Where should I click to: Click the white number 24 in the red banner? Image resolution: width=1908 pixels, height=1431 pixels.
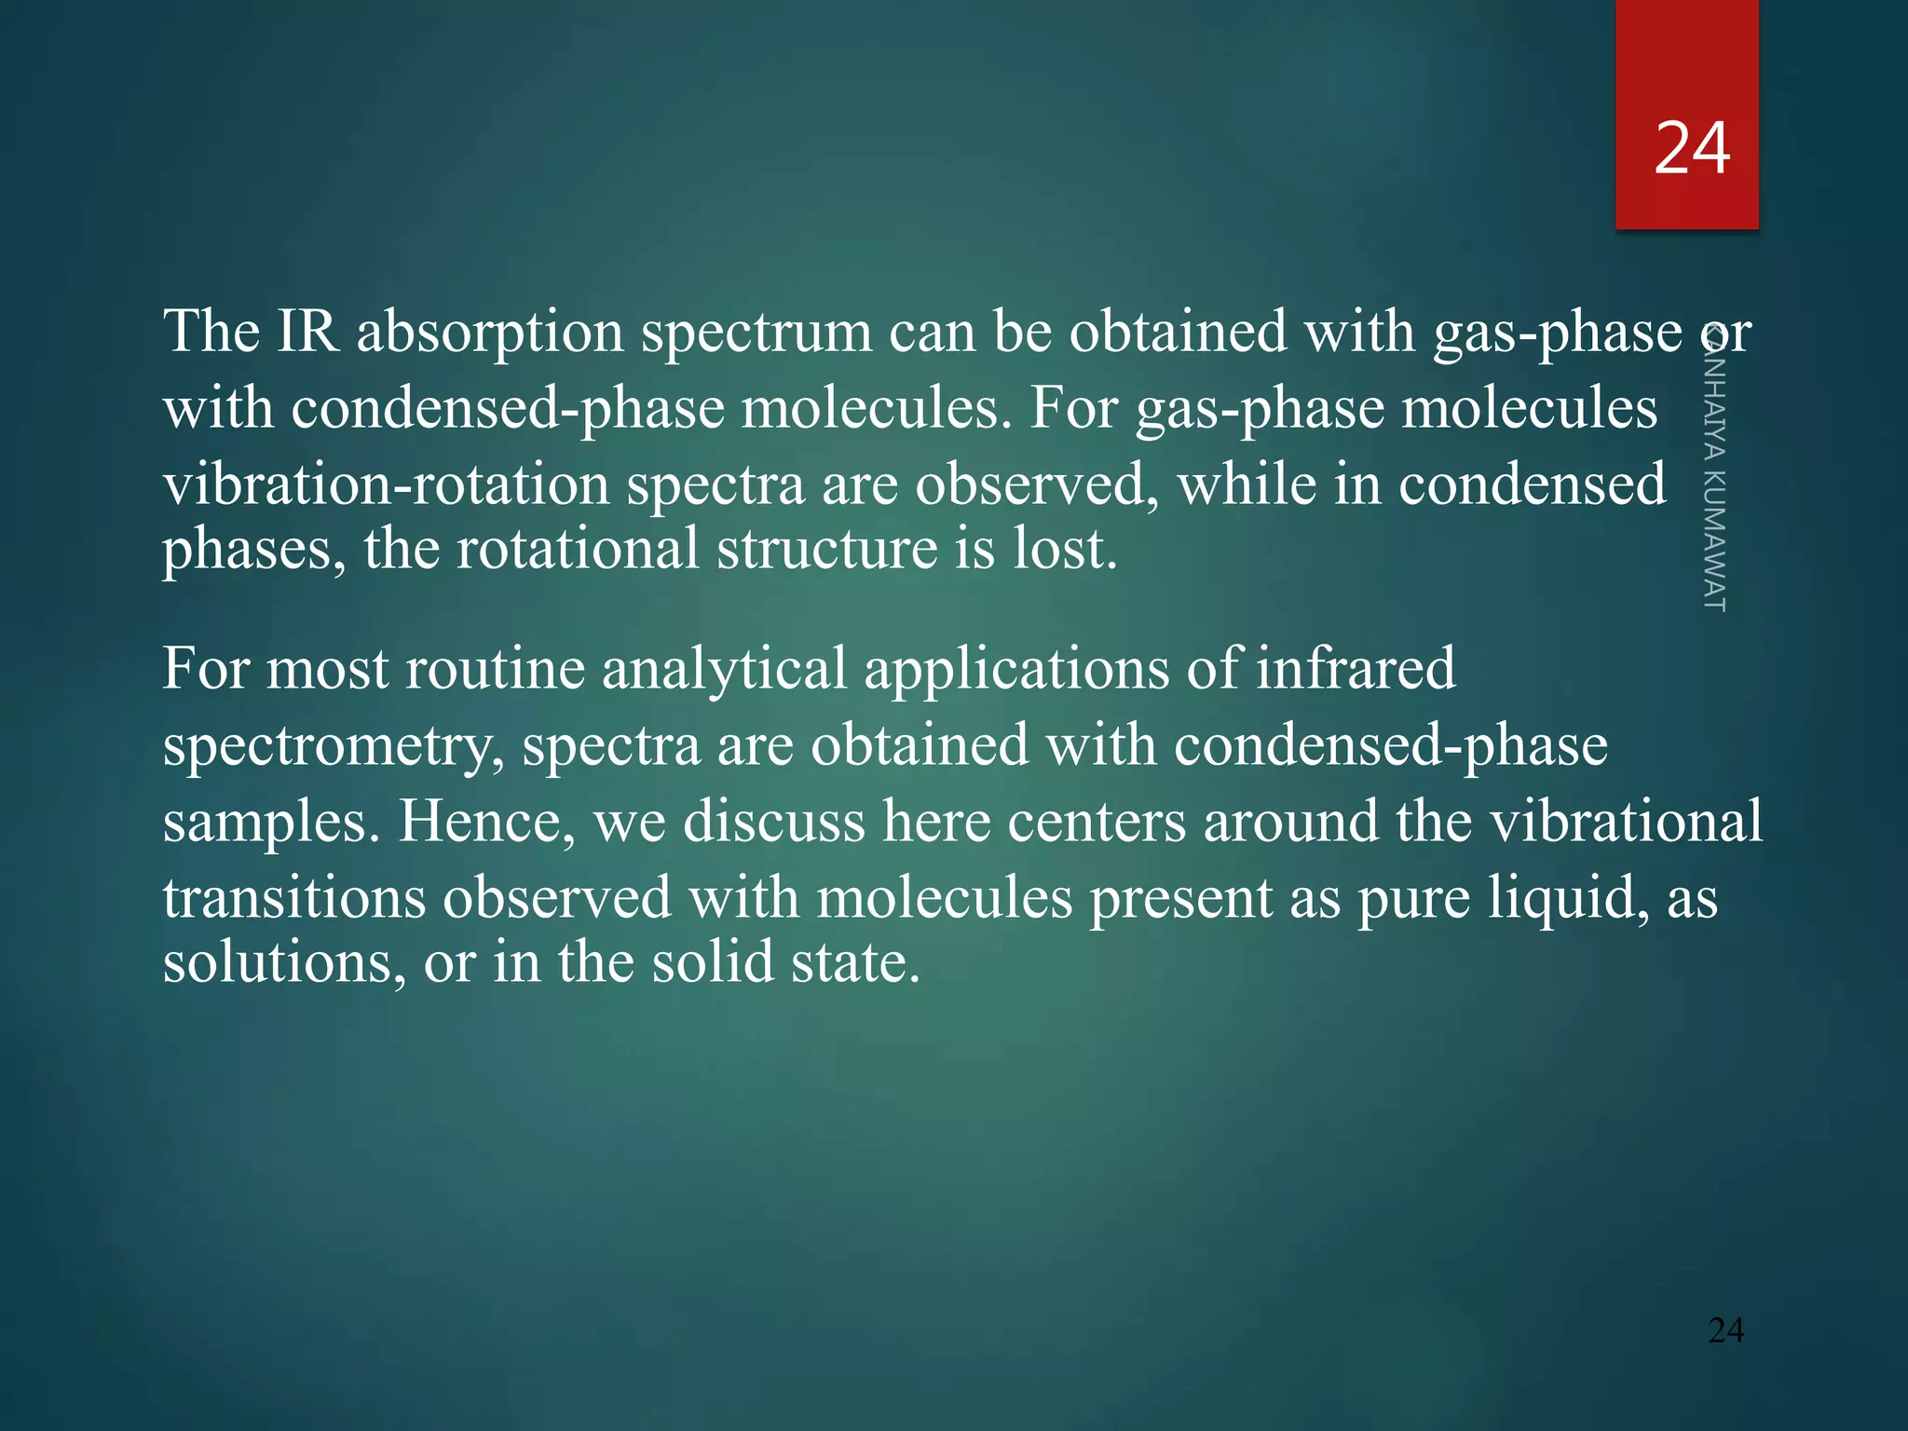coord(1692,149)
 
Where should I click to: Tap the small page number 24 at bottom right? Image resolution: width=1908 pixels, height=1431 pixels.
coord(1725,1330)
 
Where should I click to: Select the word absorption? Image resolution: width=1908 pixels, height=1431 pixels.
coord(490,334)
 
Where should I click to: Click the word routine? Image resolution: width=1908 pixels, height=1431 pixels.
coord(494,669)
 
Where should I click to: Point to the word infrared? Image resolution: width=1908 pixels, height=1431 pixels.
coord(1356,669)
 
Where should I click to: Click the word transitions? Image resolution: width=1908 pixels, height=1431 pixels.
coord(293,899)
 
